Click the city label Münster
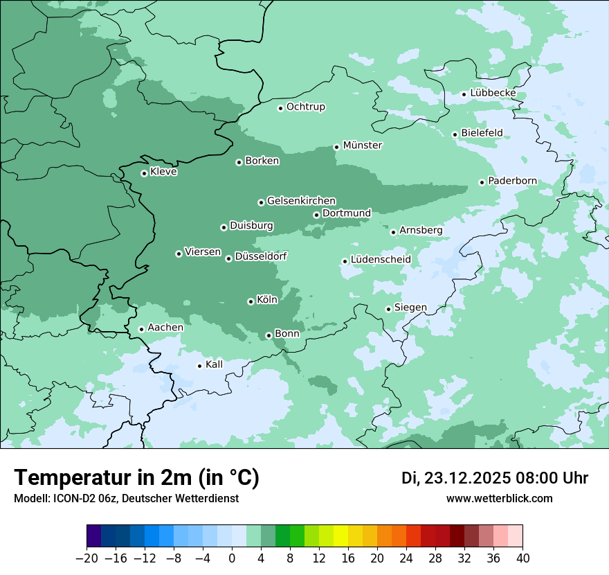click(x=362, y=145)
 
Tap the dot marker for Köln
click(x=251, y=301)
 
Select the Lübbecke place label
click(x=493, y=93)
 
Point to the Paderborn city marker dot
click(x=482, y=182)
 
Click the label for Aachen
click(x=165, y=328)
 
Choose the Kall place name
click(x=215, y=364)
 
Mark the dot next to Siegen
click(x=388, y=309)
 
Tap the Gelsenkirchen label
click(x=301, y=201)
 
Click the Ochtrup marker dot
click(x=280, y=108)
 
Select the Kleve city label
click(x=164, y=172)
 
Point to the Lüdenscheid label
click(x=381, y=260)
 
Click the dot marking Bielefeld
click(x=455, y=134)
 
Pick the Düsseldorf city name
click(x=261, y=256)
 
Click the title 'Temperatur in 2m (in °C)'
click(x=137, y=477)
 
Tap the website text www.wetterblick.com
click(x=499, y=498)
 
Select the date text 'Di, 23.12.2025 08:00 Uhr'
click(x=495, y=478)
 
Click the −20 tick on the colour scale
click(x=87, y=558)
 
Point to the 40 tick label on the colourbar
click(x=522, y=558)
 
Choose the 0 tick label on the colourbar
click(x=232, y=558)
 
